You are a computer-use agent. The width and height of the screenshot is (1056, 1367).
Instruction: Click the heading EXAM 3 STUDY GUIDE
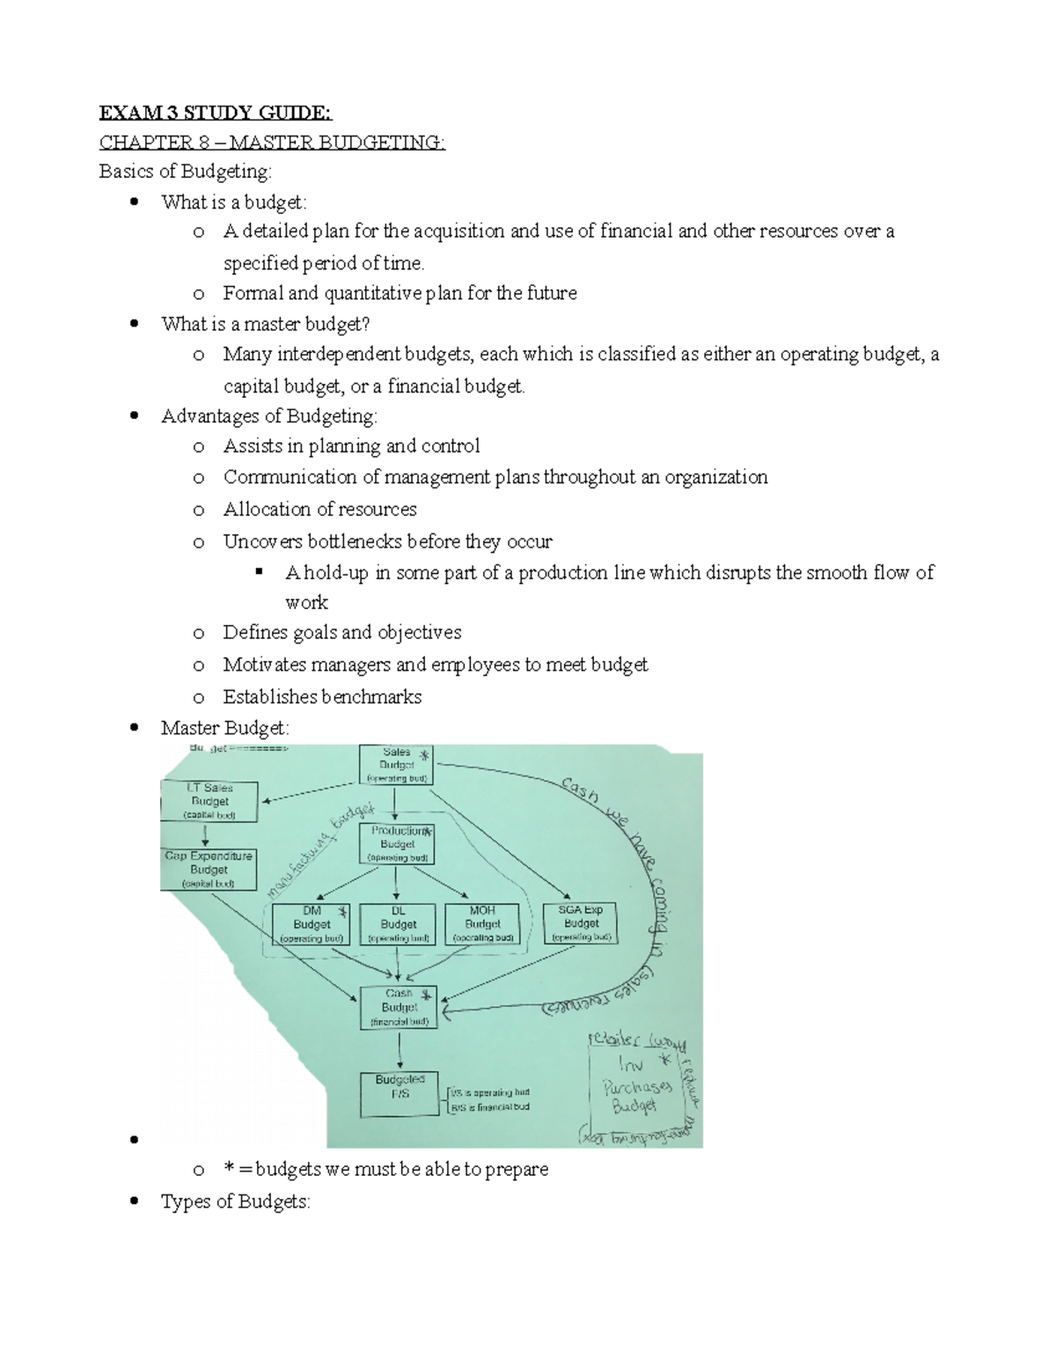click(216, 113)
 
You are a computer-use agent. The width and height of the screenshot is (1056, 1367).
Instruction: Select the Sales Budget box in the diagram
click(396, 765)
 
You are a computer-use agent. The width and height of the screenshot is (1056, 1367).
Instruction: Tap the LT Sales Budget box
click(210, 801)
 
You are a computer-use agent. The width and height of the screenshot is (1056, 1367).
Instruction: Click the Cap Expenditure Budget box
click(209, 869)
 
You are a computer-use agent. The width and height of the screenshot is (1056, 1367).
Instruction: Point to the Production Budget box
click(397, 844)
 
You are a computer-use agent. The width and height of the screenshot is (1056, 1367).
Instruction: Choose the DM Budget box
click(312, 924)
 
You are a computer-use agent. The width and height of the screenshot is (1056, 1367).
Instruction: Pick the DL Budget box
click(398, 924)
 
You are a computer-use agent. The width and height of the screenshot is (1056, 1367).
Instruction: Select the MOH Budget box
click(482, 924)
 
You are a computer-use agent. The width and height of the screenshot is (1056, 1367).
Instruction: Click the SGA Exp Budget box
click(581, 923)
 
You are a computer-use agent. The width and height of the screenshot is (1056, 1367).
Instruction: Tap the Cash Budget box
click(399, 1007)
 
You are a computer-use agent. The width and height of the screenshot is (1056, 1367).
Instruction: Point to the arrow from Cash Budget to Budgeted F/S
click(400, 1050)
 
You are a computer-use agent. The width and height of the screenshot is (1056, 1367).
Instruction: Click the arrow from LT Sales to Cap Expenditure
click(205, 834)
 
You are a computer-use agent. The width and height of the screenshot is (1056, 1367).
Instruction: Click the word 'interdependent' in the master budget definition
click(339, 355)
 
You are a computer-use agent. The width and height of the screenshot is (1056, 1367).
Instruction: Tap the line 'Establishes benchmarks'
click(322, 697)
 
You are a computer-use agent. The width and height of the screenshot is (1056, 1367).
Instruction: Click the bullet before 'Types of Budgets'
click(135, 1202)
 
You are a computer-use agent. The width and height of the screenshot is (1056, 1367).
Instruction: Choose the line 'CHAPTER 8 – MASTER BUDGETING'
click(272, 143)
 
